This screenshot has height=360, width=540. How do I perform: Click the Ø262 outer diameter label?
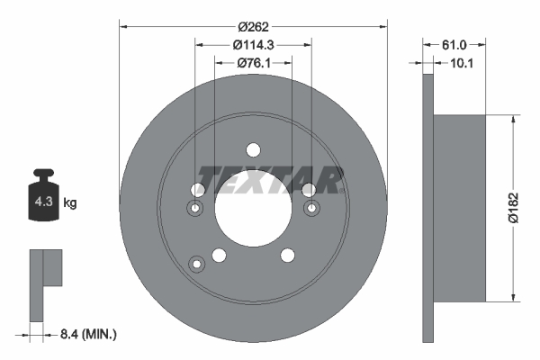click(x=253, y=14)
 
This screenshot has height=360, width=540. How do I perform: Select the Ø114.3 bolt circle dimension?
click(x=253, y=44)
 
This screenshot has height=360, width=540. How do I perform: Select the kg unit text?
click(x=70, y=203)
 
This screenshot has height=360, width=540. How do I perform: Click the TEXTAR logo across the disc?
click(x=270, y=180)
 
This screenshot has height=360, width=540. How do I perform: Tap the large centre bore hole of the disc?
click(x=253, y=211)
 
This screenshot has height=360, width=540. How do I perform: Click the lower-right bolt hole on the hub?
click(x=287, y=256)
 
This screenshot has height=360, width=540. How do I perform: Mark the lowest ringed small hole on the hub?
click(x=196, y=264)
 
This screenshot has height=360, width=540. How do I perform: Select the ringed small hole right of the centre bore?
click(x=312, y=209)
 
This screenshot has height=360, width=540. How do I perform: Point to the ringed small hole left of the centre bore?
click(x=194, y=209)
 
